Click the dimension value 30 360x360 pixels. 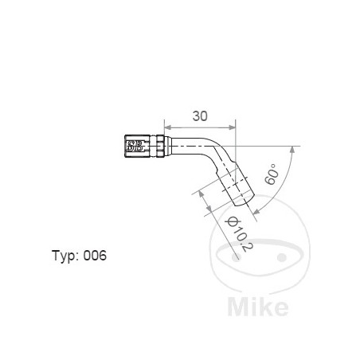[x=200, y=115]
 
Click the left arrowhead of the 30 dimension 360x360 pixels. [x=166, y=126]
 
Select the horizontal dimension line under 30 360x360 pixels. [x=199, y=126]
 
